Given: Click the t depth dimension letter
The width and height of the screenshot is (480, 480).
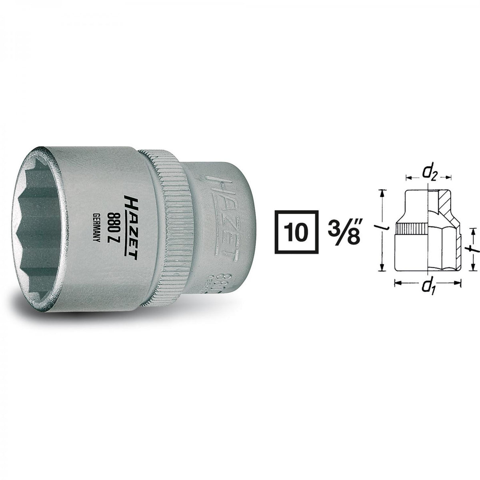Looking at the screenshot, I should [474, 249].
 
